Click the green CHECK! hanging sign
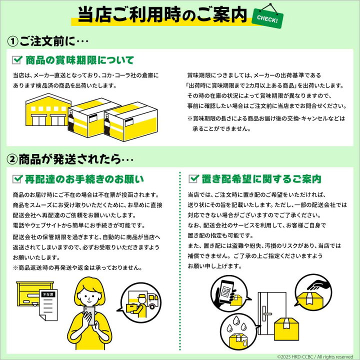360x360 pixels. pos(267,18)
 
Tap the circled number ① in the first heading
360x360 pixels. pos(13,41)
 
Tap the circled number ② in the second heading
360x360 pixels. pos(12,159)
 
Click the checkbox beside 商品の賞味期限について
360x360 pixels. pos(17,60)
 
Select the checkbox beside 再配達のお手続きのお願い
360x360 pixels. pos(17,179)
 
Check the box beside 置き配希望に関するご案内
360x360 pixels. pos(194,178)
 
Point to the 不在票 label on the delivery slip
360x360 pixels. pos(48,294)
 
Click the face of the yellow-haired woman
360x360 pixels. pos(90,295)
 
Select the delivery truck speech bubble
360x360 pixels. pos(140,302)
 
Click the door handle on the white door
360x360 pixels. pos(266,313)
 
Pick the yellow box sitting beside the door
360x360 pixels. pos(286,329)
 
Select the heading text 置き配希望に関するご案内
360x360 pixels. pos(261,179)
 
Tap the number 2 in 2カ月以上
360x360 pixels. pos(247,85)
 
